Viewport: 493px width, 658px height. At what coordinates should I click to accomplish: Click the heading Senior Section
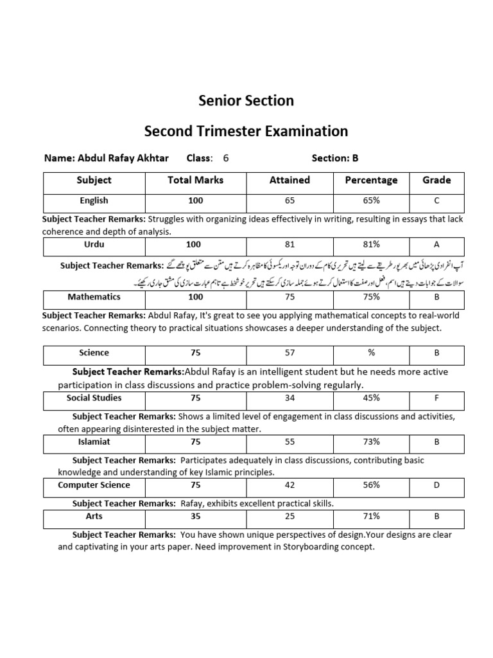pyautogui.click(x=246, y=101)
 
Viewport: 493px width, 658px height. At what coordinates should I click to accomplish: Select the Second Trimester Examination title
pyautogui.click(x=246, y=132)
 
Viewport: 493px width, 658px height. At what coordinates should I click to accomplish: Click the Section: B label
pyautogui.click(x=334, y=158)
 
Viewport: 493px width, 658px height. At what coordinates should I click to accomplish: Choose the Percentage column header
pyautogui.click(x=371, y=181)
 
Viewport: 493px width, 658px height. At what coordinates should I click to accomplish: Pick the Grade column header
pyautogui.click(x=437, y=181)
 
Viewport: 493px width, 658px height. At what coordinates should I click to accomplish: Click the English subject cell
pyautogui.click(x=94, y=201)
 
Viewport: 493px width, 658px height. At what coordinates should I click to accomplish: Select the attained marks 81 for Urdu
pyautogui.click(x=290, y=245)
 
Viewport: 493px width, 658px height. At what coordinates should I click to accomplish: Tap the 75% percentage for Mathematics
pyautogui.click(x=371, y=298)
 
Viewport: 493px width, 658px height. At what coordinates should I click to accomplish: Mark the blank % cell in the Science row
pyautogui.click(x=371, y=353)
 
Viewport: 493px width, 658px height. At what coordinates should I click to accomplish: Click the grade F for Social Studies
pyautogui.click(x=437, y=398)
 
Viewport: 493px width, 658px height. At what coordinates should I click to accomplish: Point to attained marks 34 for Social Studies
pyautogui.click(x=290, y=398)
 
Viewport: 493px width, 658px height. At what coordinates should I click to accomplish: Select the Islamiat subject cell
pyautogui.click(x=94, y=442)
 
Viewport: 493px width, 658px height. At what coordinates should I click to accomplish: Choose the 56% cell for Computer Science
pyautogui.click(x=371, y=486)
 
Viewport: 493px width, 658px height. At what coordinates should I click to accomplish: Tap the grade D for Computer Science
pyautogui.click(x=437, y=486)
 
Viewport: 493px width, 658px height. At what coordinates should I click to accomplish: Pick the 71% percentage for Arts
pyautogui.click(x=371, y=517)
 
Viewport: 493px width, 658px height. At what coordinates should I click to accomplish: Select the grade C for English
pyautogui.click(x=437, y=201)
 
